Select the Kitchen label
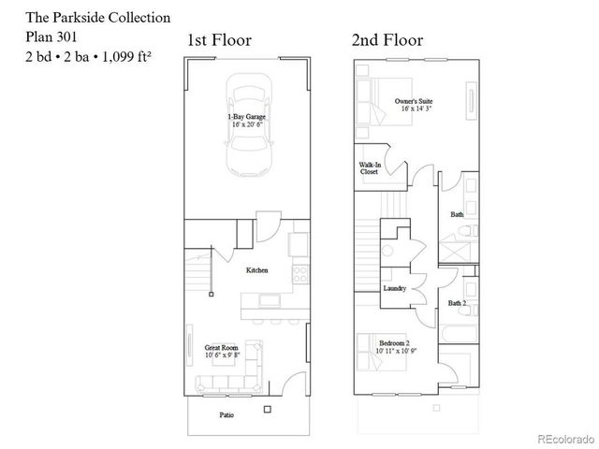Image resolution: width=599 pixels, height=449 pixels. click(256, 270)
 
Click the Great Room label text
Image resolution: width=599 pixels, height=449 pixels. click(223, 351)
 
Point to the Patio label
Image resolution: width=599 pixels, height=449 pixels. click(226, 414)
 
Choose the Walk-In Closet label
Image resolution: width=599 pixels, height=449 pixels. click(370, 168)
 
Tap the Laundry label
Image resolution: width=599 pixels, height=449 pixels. click(394, 288)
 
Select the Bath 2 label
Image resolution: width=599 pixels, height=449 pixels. click(457, 303)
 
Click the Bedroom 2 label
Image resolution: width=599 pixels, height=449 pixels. click(394, 346)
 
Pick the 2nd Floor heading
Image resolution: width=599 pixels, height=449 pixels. click(387, 40)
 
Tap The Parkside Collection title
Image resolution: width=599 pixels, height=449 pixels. click(84, 18)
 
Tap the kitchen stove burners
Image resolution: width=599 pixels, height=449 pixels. click(299, 274)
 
